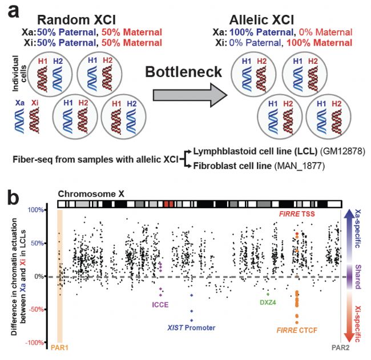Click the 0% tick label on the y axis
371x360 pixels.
[x=46, y=276]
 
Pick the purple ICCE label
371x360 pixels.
[x=160, y=305]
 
